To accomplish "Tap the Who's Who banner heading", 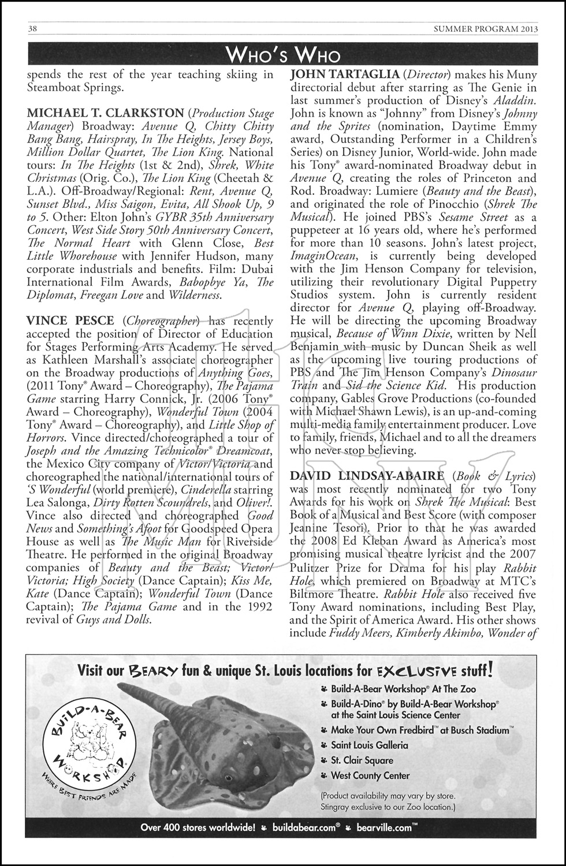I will tap(283, 55).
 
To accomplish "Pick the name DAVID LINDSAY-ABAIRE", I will tap(367, 476).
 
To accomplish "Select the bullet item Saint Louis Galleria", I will tap(370, 745).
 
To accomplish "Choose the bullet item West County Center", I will tap(370, 776).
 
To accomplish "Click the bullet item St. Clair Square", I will tap(362, 760).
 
